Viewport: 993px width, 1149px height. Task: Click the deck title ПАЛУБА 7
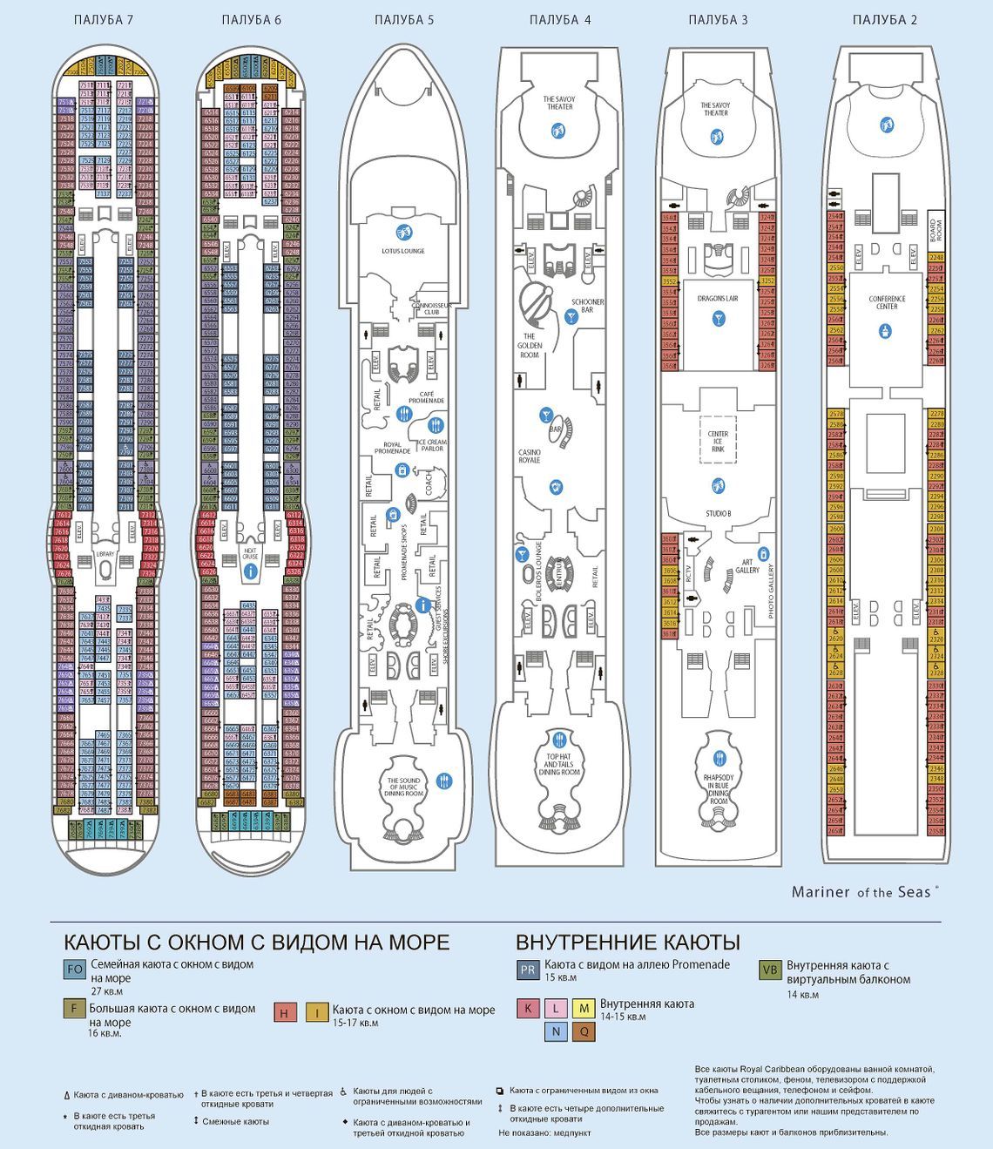point(104,20)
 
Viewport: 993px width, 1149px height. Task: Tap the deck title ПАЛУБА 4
point(560,20)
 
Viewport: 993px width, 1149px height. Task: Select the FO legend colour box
point(75,970)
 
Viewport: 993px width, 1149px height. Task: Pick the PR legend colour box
point(527,969)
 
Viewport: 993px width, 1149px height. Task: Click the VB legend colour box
point(770,970)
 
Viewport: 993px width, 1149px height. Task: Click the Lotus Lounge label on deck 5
point(402,251)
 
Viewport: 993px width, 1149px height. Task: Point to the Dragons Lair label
point(718,298)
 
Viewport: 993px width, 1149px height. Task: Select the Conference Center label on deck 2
point(887,302)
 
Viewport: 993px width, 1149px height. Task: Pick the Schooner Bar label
point(587,307)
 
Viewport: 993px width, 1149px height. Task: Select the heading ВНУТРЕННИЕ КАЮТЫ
point(627,943)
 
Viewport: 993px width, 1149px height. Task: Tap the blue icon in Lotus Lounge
point(403,232)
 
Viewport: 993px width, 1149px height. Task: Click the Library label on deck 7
point(105,553)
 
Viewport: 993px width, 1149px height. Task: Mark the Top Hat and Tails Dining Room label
point(559,764)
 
